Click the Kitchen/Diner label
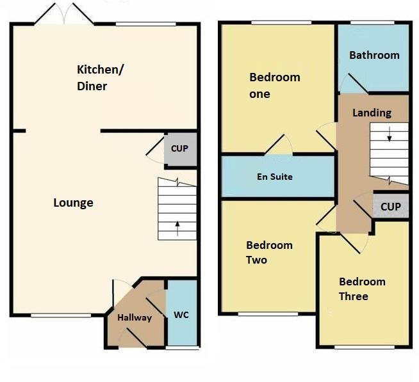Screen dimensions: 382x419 [101, 77]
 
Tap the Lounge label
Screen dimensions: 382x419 [73, 203]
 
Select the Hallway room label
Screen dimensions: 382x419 [135, 317]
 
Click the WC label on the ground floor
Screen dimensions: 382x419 [181, 315]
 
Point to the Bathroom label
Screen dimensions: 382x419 [374, 55]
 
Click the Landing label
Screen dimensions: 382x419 [372, 113]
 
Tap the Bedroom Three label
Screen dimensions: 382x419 [362, 289]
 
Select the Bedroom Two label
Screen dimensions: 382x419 [269, 252]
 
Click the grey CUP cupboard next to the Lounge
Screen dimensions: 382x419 [179, 148]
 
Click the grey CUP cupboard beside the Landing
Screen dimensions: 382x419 [390, 207]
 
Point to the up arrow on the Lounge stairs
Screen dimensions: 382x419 [177, 225]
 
